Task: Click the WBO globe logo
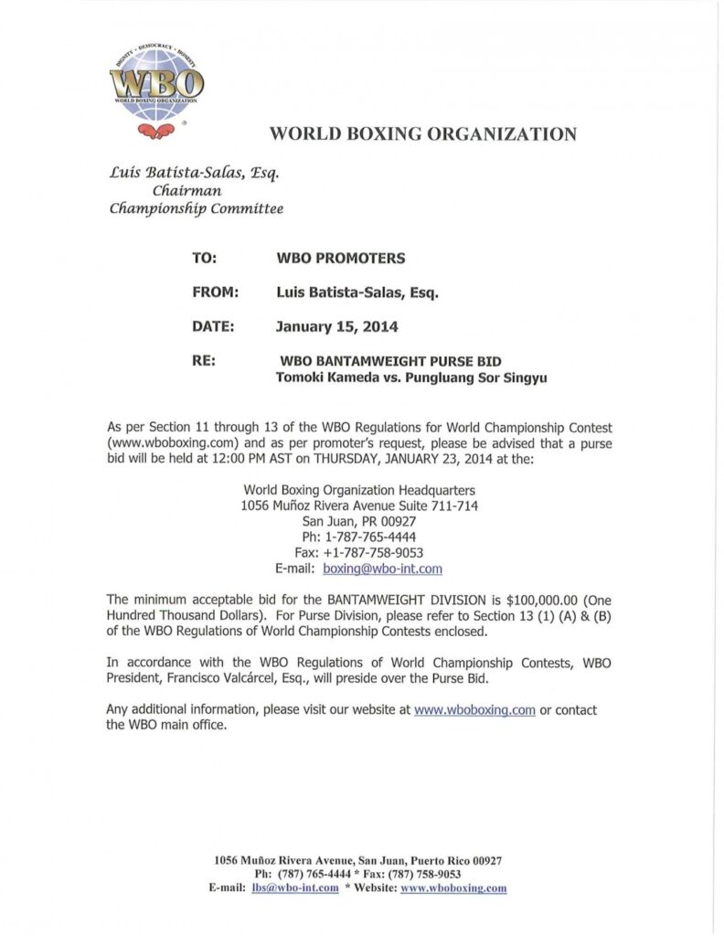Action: pyautogui.click(x=156, y=84)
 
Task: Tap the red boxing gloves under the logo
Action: pyautogui.click(x=156, y=131)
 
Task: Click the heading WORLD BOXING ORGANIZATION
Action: pyautogui.click(x=422, y=134)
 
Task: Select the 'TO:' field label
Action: pyautogui.click(x=204, y=259)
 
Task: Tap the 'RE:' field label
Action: pyautogui.click(x=204, y=361)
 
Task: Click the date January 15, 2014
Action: pyautogui.click(x=337, y=326)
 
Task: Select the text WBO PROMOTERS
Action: pyautogui.click(x=340, y=259)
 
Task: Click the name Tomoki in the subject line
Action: pyautogui.click(x=301, y=378)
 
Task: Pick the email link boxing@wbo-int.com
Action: pyautogui.click(x=382, y=569)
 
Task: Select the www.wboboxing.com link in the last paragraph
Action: pyautogui.click(x=474, y=710)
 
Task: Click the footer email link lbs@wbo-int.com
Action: pyautogui.click(x=295, y=888)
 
